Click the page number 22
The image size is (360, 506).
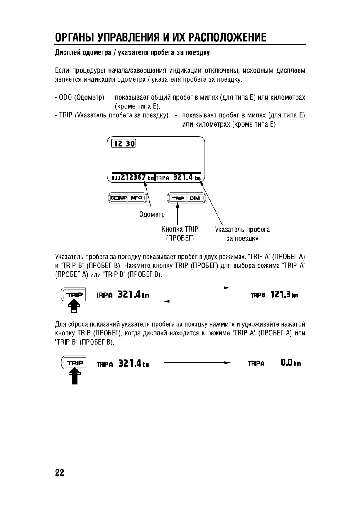[x=59, y=472]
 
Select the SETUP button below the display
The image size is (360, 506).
[x=118, y=198]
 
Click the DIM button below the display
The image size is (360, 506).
[x=194, y=198]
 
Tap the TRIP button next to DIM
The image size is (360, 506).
[x=178, y=198]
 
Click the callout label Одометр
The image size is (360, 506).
[x=152, y=215]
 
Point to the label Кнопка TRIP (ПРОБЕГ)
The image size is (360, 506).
[x=180, y=233]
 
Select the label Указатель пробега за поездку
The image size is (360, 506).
[x=242, y=233]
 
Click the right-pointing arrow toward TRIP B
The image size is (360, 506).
[x=196, y=287]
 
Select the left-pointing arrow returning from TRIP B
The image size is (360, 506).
[x=196, y=302]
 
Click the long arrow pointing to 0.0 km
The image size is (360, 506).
[x=197, y=362]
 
